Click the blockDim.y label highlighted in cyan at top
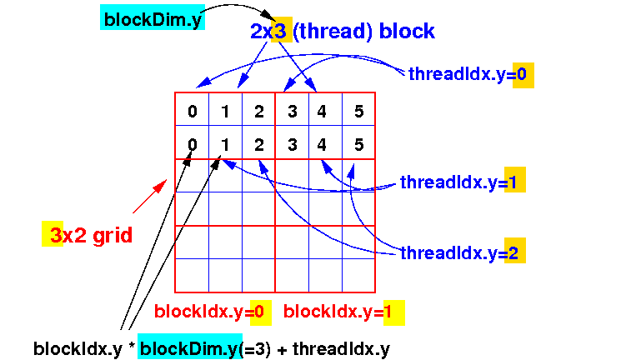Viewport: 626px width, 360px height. pos(153,17)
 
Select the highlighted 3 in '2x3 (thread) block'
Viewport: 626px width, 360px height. pos(282,30)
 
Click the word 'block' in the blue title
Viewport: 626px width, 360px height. pos(407,31)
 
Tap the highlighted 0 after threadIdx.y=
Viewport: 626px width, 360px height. pos(523,75)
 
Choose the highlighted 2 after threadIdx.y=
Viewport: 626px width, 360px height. pos(514,251)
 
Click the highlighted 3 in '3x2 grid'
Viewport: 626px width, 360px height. pos(53,234)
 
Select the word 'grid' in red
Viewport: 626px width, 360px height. pos(113,235)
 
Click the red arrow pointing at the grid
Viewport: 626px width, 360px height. pos(150,197)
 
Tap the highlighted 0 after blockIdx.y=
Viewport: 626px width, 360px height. pos(261,312)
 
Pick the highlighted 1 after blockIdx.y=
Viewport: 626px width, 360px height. pos(393,312)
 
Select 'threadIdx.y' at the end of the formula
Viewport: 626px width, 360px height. pos(342,349)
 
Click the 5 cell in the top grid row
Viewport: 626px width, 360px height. pos(359,111)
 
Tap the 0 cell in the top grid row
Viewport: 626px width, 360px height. pos(193,111)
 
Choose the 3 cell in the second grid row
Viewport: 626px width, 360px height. pos(293,144)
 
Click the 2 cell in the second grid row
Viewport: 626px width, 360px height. pos(259,144)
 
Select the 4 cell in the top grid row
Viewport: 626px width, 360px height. pos(322,111)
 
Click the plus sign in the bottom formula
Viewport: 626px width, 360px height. pos(282,350)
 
